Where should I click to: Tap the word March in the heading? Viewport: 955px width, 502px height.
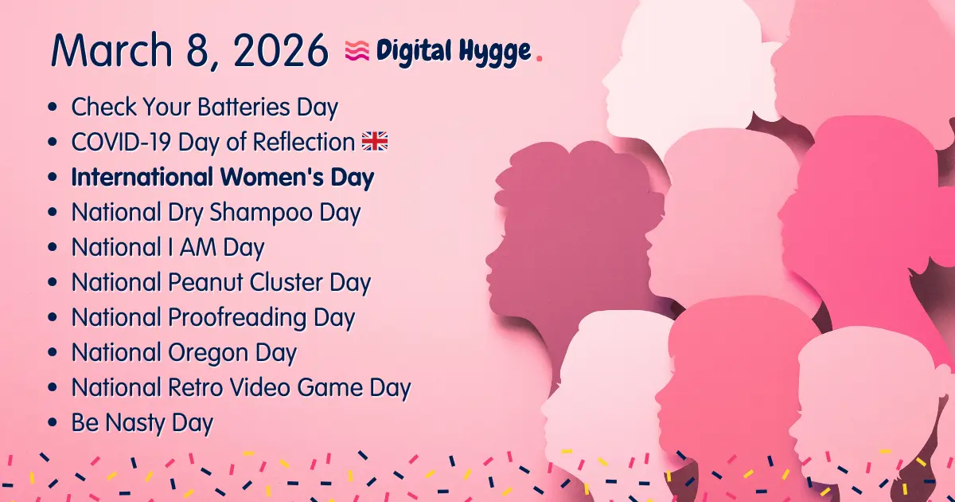(108, 50)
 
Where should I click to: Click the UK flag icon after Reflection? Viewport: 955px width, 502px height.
(375, 142)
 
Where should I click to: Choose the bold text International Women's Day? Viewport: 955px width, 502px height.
(223, 177)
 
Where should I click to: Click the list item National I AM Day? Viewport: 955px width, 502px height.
(168, 248)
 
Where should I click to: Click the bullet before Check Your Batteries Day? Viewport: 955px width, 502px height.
(53, 108)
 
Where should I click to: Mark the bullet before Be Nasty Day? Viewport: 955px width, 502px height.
(53, 423)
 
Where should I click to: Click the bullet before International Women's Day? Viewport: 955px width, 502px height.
(53, 178)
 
